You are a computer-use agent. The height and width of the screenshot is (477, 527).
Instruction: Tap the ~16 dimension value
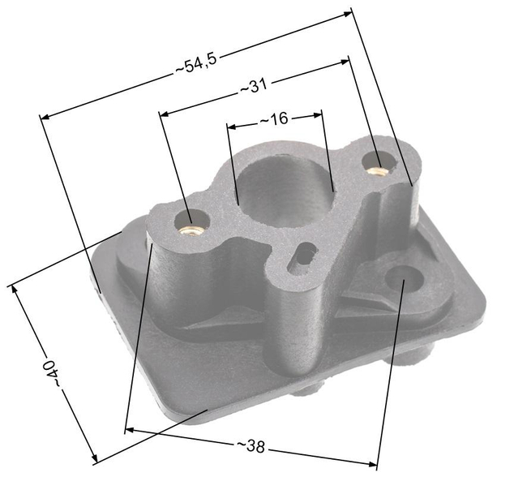274,119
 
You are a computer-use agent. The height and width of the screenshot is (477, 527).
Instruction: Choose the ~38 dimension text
252,446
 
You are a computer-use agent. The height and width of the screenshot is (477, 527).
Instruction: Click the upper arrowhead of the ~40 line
11,286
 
